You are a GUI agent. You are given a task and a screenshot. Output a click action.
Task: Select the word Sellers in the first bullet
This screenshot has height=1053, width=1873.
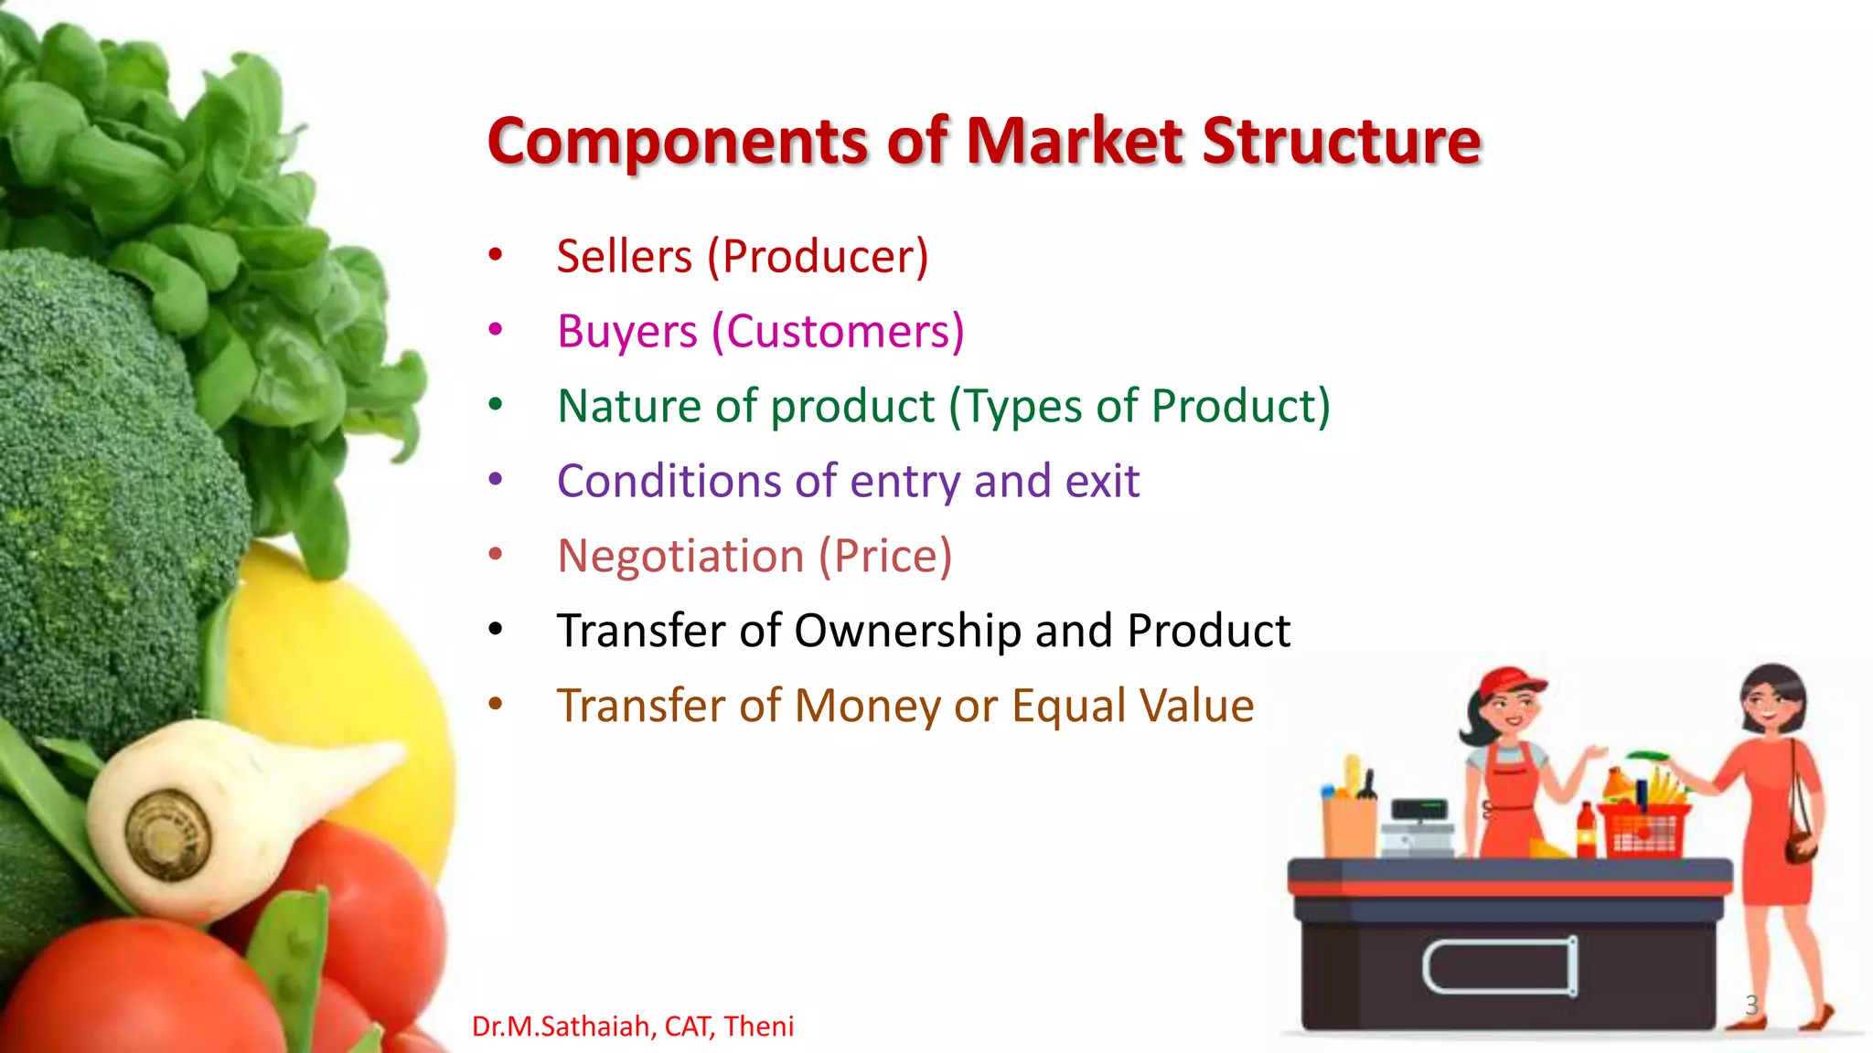pos(625,256)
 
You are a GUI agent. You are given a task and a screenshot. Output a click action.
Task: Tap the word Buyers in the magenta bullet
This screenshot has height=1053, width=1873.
pos(627,332)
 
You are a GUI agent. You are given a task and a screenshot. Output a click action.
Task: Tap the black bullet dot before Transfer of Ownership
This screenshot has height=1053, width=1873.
pos(496,629)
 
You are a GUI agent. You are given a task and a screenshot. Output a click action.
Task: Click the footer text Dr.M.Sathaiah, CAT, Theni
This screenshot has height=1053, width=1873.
pos(632,1026)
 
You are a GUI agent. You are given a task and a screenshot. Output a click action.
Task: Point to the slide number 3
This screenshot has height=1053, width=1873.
pos(1751,1005)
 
